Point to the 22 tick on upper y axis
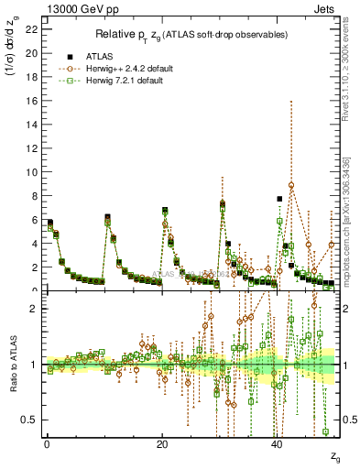(34, 30)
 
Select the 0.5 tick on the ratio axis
(30, 420)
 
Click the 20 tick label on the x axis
(161, 445)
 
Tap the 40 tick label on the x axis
(277, 445)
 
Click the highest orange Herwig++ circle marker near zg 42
(291, 185)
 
